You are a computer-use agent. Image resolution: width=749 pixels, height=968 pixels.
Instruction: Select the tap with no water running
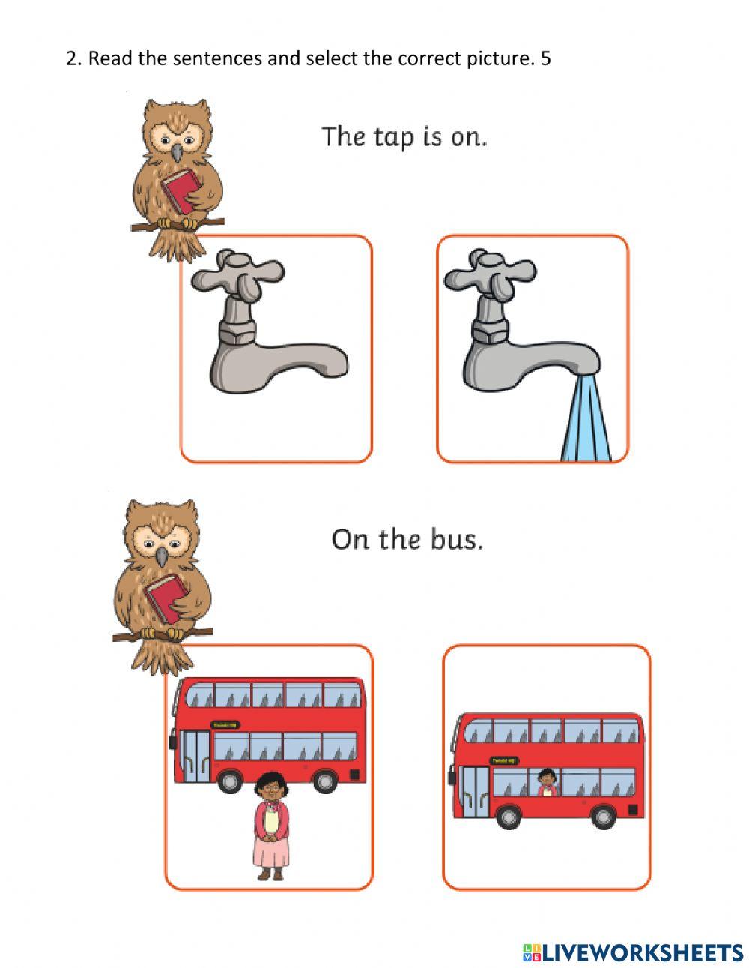(269, 330)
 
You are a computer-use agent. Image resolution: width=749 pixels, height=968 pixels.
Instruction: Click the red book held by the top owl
(182, 189)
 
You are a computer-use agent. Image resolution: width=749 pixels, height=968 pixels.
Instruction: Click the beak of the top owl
(177, 153)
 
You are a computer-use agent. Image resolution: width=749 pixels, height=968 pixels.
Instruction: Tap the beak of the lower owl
(162, 556)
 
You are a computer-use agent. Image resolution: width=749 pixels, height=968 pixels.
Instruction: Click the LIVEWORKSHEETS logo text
(633, 952)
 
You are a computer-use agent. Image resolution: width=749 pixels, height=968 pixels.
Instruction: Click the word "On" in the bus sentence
(351, 539)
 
